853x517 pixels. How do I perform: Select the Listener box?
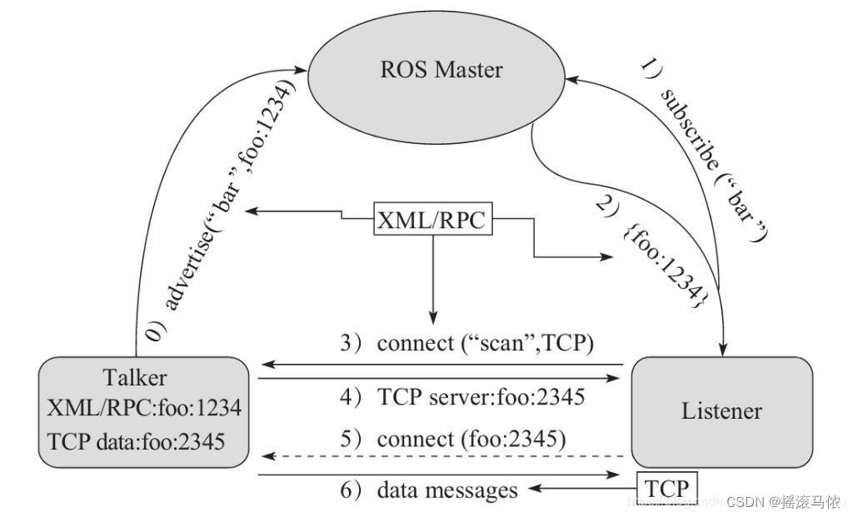[x=721, y=410]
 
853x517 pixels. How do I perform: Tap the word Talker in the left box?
[x=134, y=377]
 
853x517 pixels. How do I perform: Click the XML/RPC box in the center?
[x=431, y=221]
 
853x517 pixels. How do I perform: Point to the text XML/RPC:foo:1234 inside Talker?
[x=143, y=408]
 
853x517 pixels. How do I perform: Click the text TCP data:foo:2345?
[x=137, y=440]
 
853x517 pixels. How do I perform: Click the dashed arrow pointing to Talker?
[x=441, y=455]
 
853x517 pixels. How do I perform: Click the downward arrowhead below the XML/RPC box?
[x=432, y=316]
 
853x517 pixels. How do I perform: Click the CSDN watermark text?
[x=783, y=502]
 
